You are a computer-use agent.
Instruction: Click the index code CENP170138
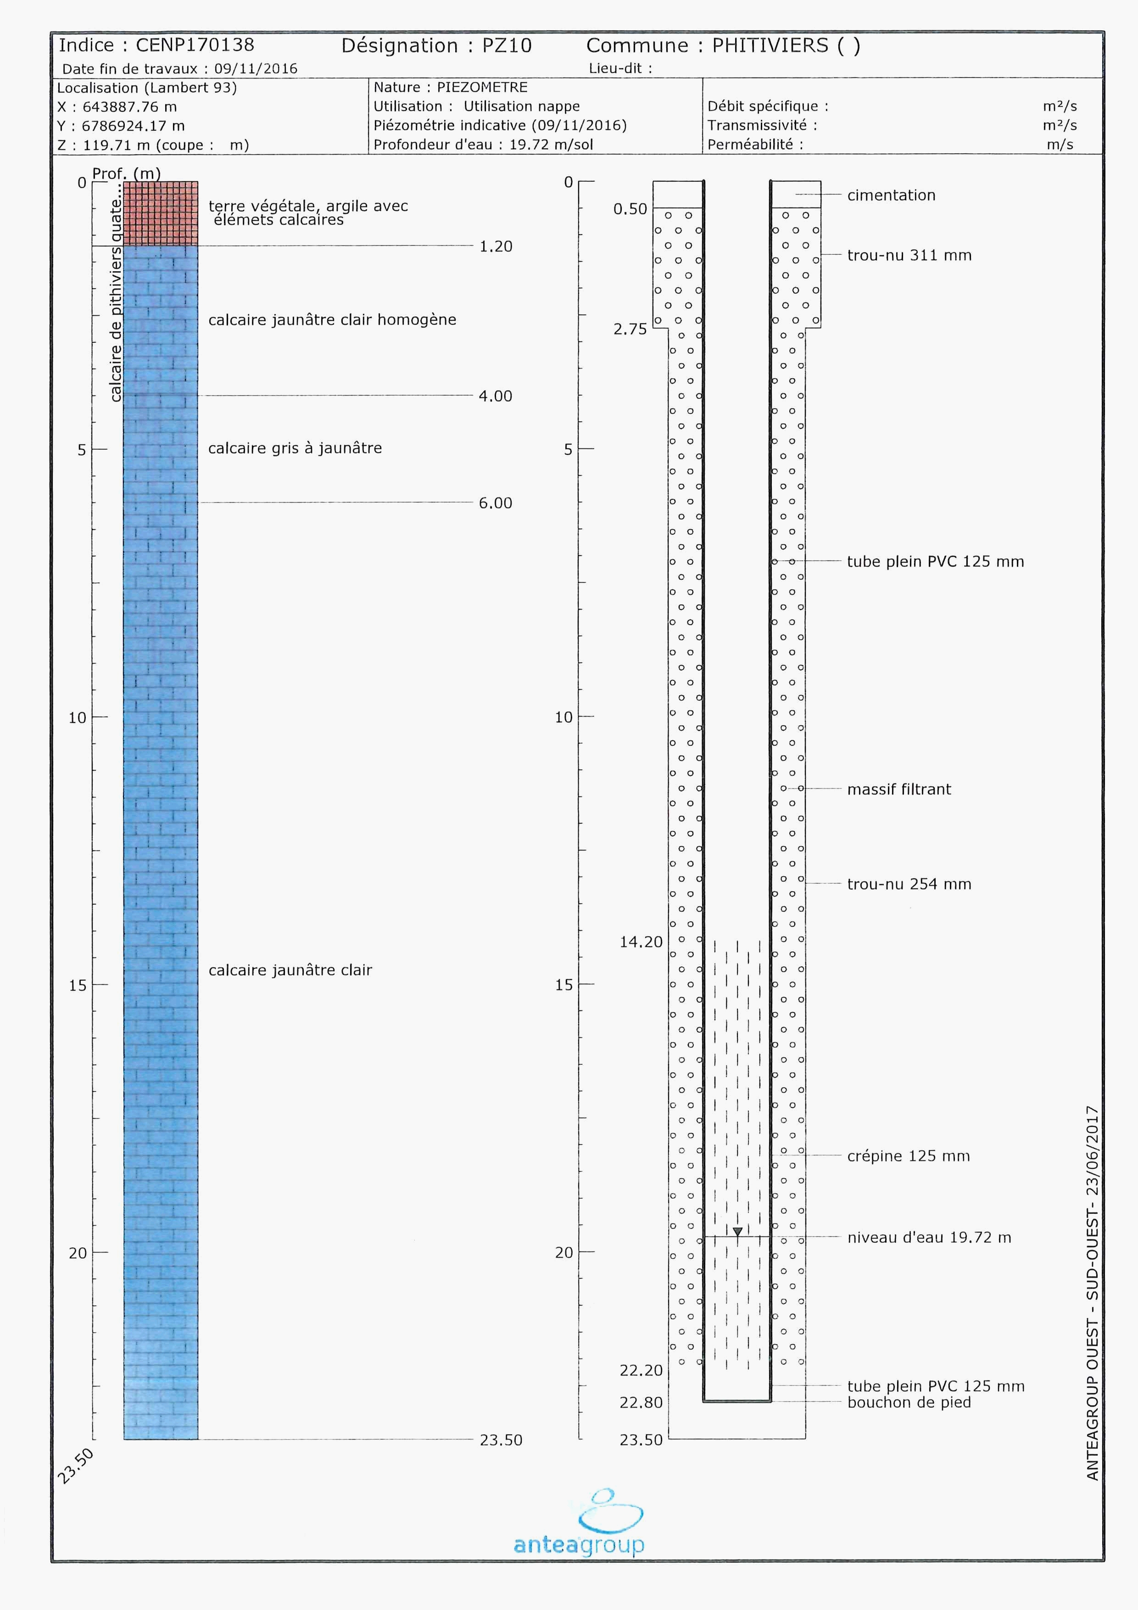click(195, 45)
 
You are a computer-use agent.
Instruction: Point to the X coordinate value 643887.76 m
click(130, 107)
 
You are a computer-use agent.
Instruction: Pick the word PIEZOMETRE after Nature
click(482, 88)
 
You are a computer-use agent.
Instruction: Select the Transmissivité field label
click(761, 125)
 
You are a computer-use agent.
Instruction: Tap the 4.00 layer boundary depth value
click(495, 396)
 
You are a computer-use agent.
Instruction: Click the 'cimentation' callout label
click(891, 196)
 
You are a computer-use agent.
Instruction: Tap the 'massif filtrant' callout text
click(899, 789)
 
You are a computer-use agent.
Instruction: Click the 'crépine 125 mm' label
click(908, 1156)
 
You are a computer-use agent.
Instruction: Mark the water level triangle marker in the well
click(737, 1231)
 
